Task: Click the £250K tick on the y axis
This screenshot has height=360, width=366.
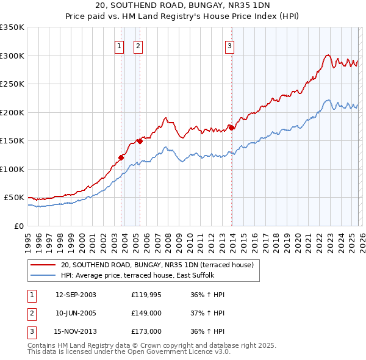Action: coord(12,84)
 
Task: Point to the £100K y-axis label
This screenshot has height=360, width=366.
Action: coord(12,169)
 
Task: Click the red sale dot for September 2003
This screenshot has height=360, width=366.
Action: coord(121,157)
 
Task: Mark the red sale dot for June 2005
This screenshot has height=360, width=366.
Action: coord(140,141)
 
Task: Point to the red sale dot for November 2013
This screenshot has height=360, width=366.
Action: coord(232,128)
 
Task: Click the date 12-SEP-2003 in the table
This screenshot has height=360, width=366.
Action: coord(76,295)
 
